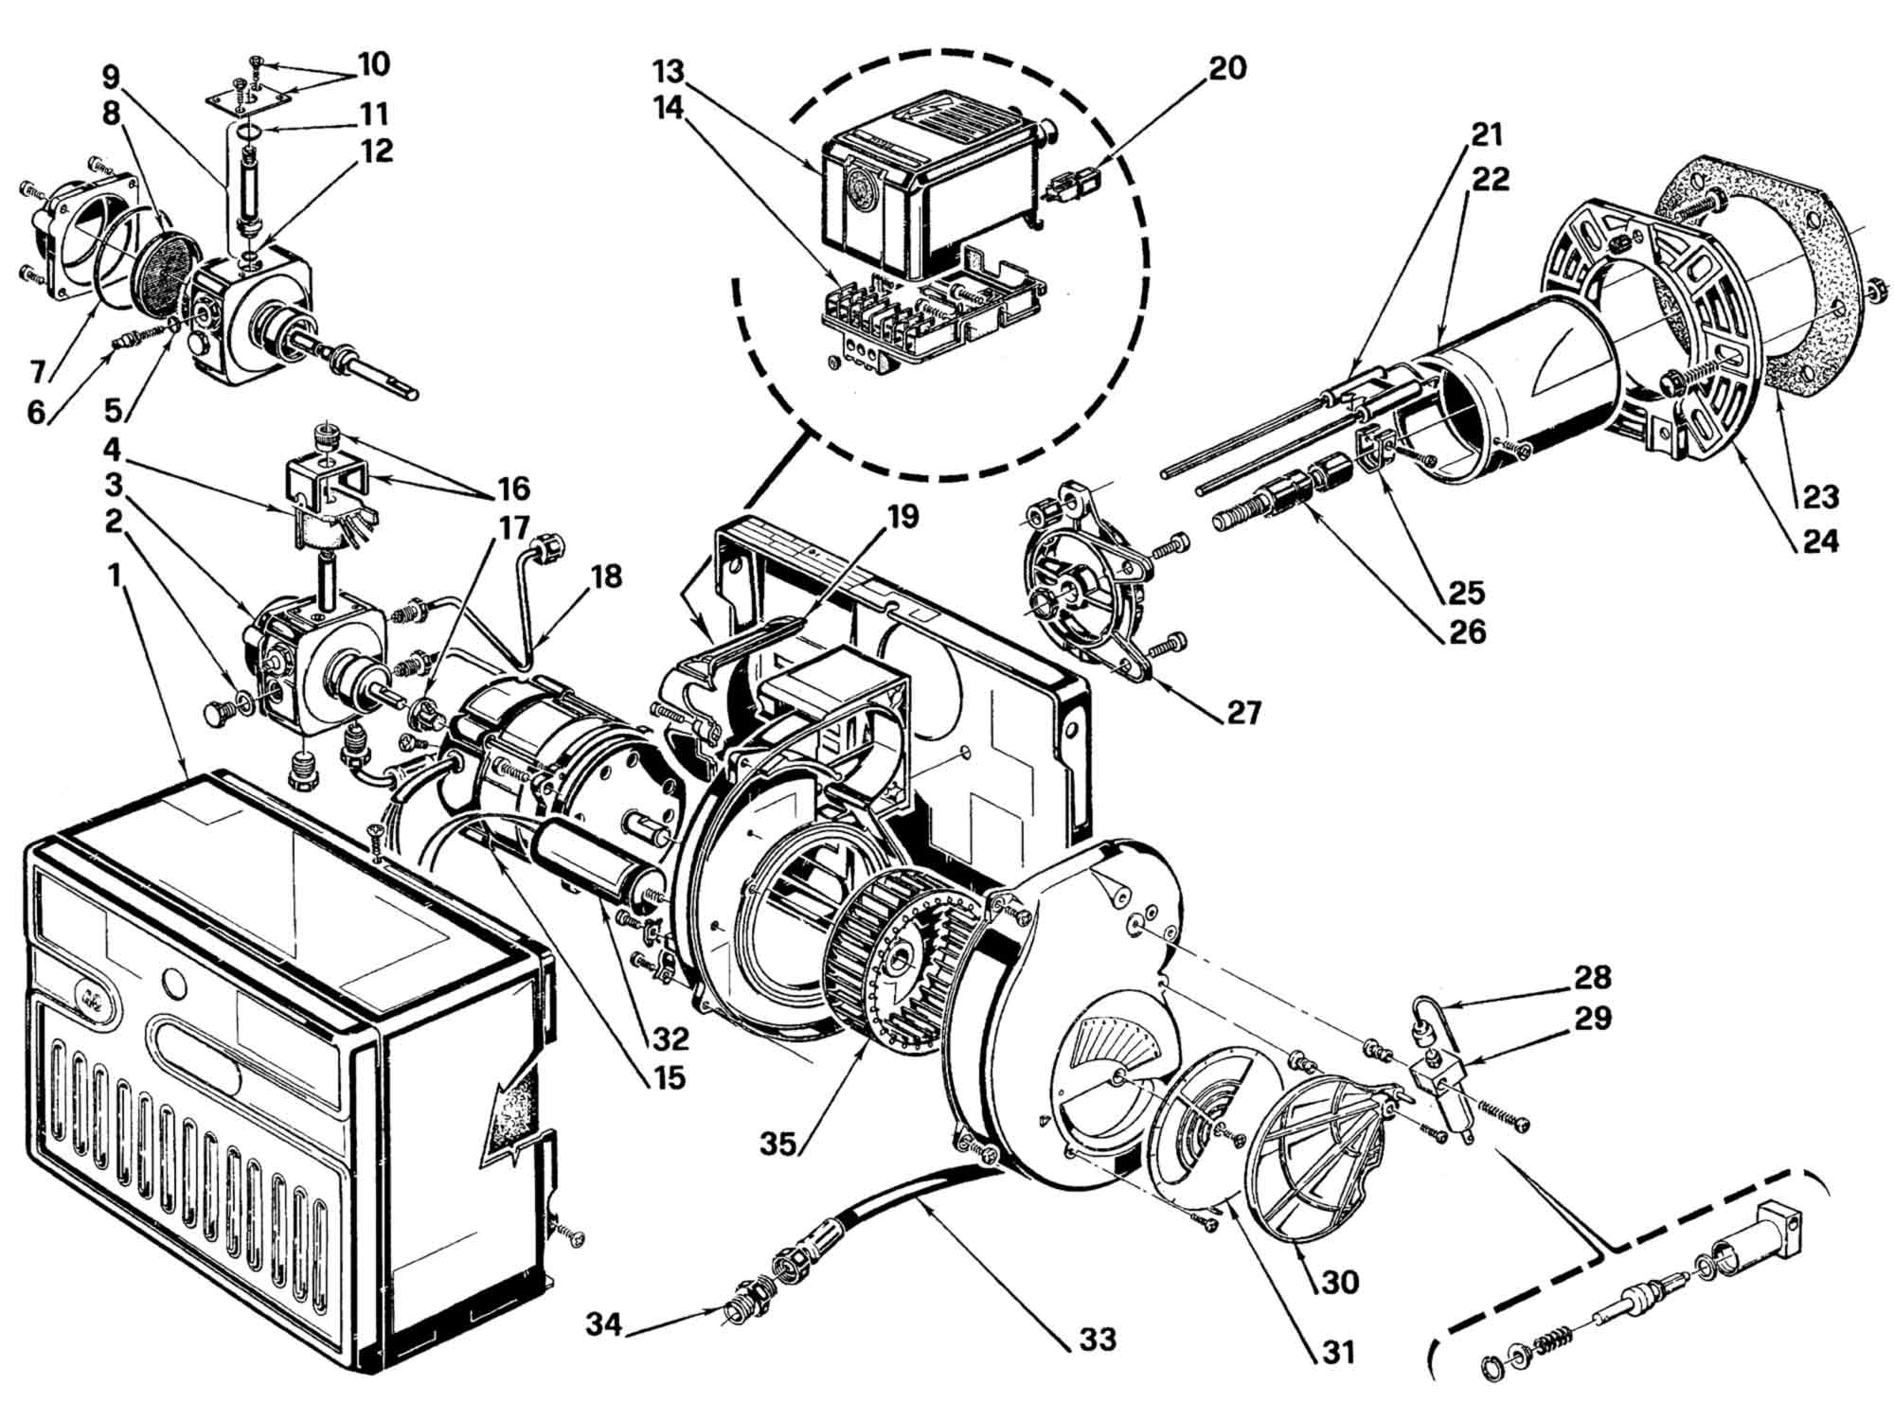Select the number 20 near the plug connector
pos(1226,67)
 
